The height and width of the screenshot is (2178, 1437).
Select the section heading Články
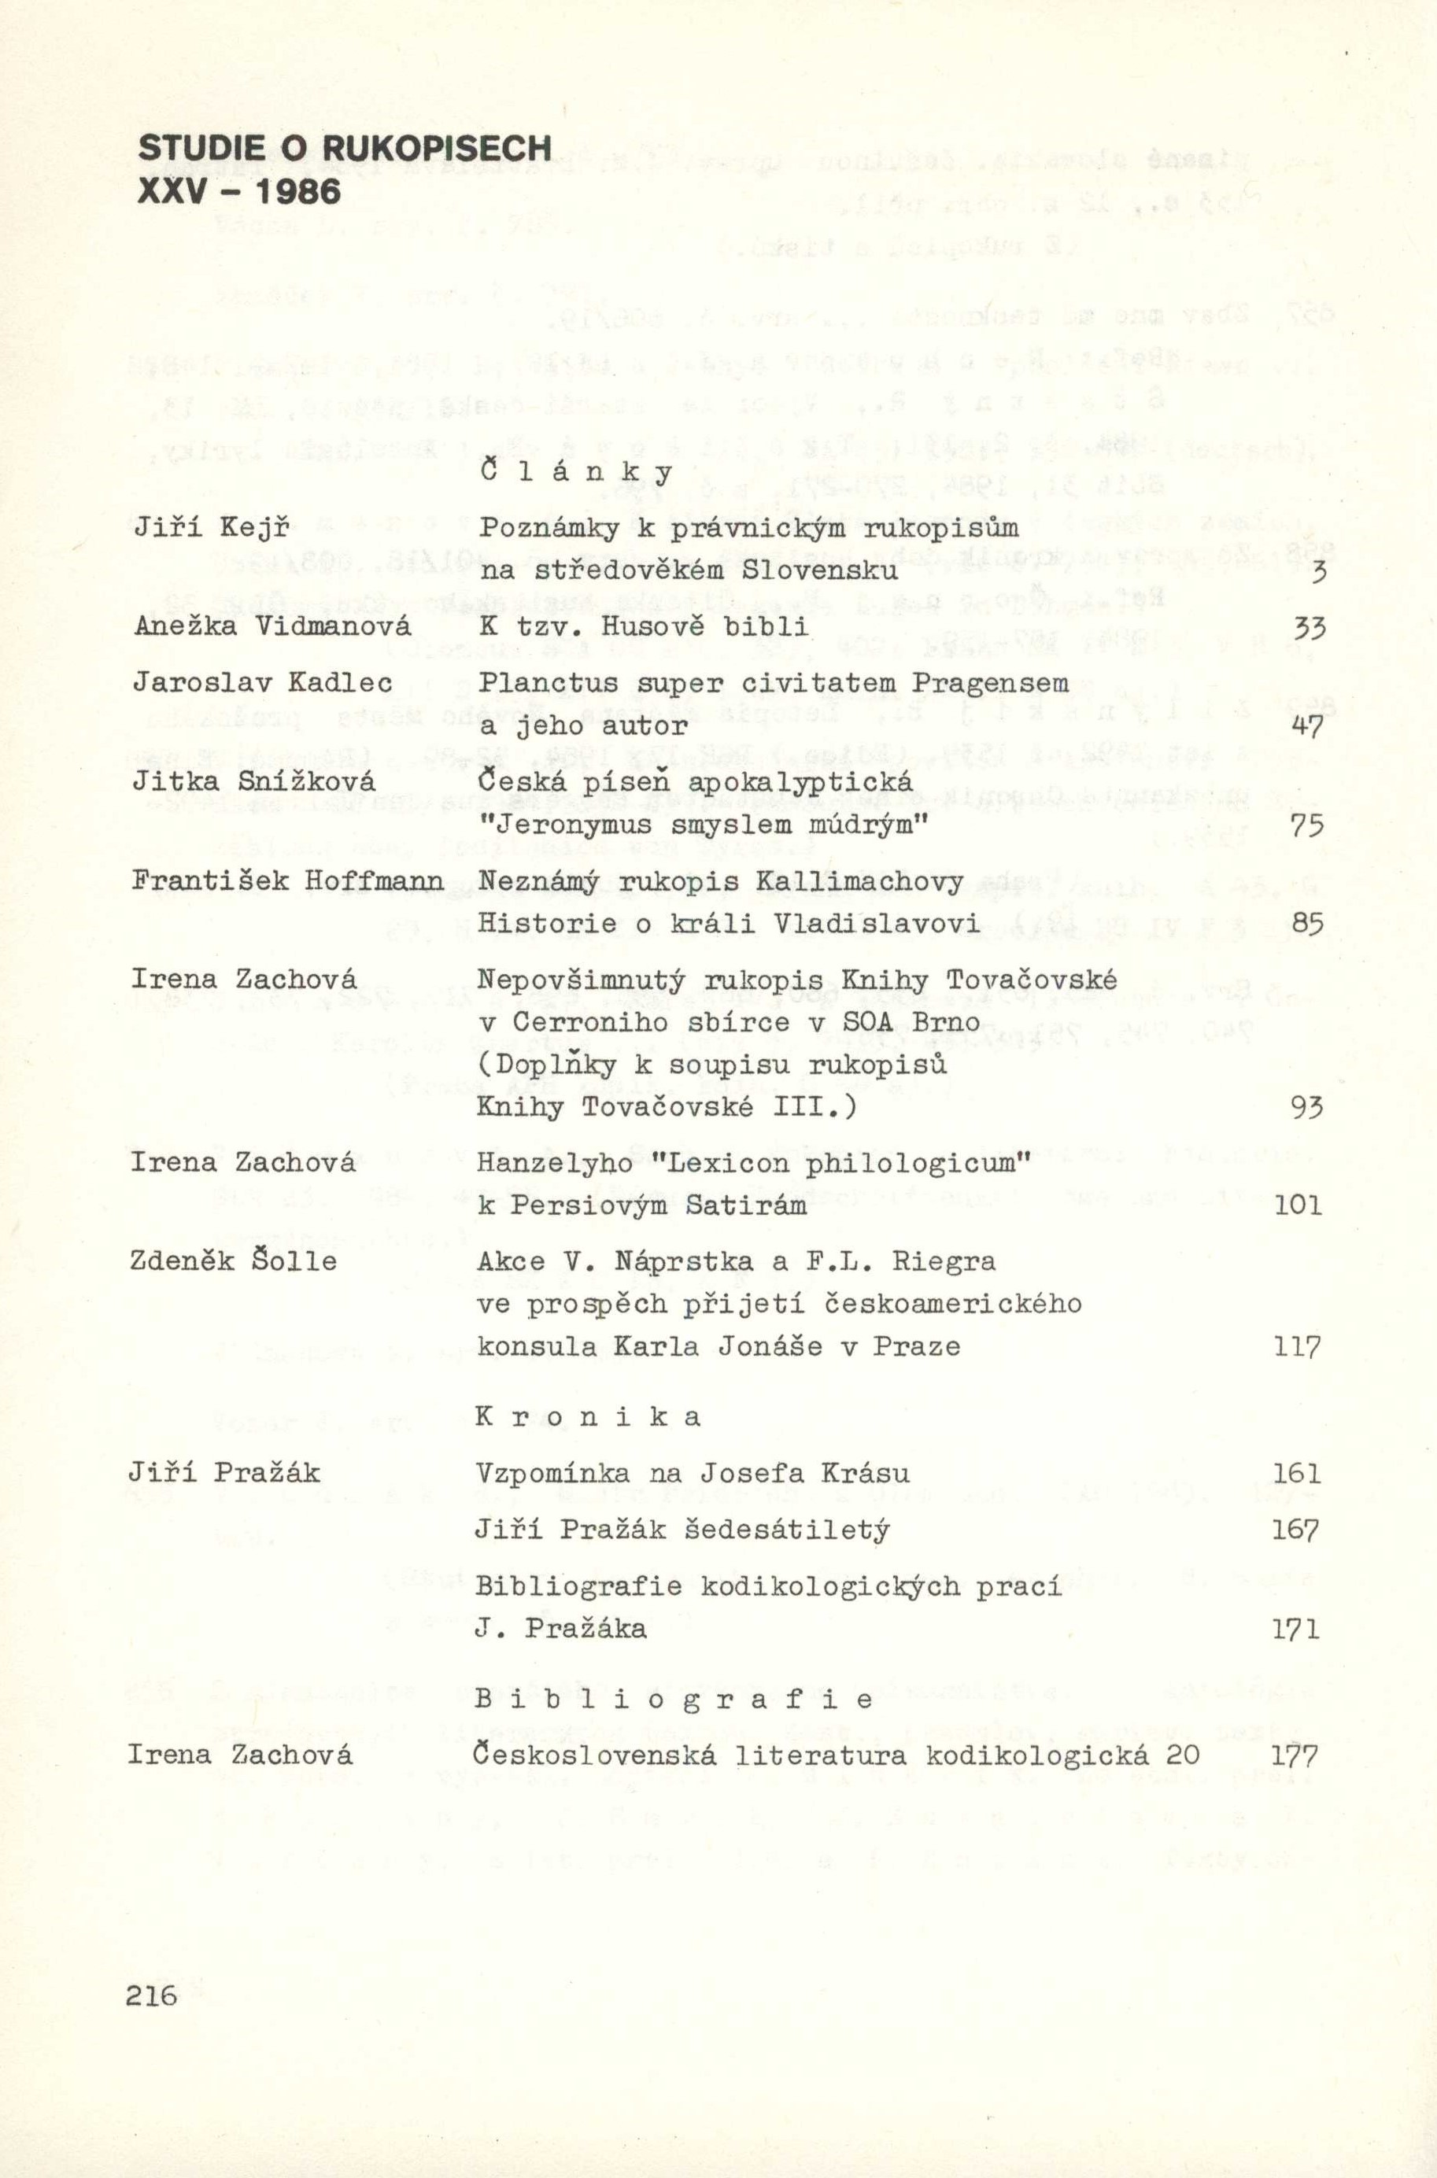[x=576, y=472]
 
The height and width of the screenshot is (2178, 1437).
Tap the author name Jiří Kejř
[x=212, y=529]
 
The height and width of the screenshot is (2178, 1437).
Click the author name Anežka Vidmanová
[x=272, y=627]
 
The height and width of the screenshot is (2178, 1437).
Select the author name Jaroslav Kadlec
[x=262, y=683]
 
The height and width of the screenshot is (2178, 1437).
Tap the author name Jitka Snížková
[x=254, y=781]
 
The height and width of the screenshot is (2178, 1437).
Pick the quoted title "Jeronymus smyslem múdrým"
[x=704, y=825]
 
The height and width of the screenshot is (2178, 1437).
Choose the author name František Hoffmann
[x=287, y=880]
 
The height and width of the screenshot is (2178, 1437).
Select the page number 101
[x=1297, y=1205]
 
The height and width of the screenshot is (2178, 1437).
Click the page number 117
[x=1297, y=1347]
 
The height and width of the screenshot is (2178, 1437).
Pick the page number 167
[x=1297, y=1530]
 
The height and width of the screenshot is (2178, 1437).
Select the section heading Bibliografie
[x=674, y=1700]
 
